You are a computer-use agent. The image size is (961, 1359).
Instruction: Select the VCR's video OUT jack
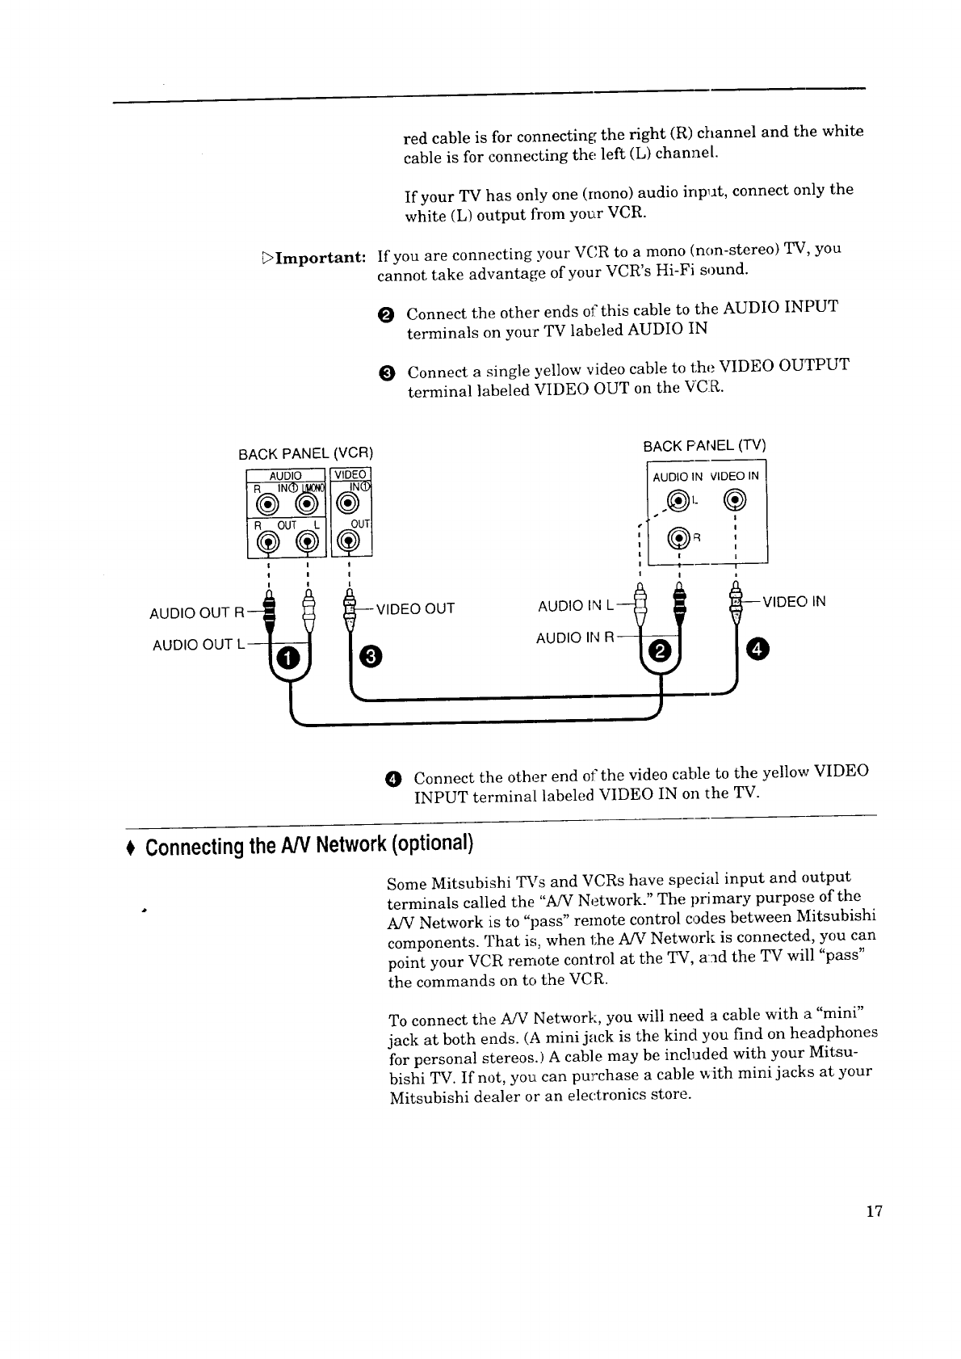[349, 542]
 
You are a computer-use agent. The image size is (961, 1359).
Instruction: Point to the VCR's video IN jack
[348, 503]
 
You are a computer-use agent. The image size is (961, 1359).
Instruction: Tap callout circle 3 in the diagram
[368, 655]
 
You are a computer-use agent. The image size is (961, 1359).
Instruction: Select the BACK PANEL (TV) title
[704, 446]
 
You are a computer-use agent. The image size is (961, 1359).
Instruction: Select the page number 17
[873, 1211]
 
